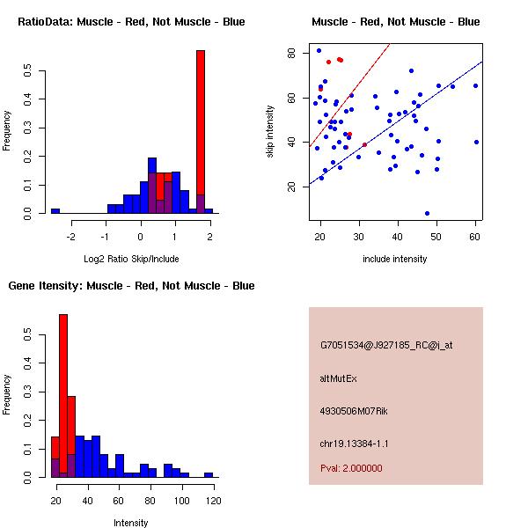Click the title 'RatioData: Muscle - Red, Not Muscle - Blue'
(131, 21)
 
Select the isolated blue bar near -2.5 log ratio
(55, 210)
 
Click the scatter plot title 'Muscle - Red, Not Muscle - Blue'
(395, 21)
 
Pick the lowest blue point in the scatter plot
(427, 213)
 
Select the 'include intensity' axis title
(395, 259)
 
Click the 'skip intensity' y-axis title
(270, 132)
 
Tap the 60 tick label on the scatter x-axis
(475, 235)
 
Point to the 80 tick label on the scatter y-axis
(291, 53)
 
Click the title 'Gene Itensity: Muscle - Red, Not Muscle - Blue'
(131, 285)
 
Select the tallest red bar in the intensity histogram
(63, 396)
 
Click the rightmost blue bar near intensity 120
(209, 474)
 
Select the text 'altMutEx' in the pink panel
(339, 378)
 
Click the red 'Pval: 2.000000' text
(351, 468)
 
